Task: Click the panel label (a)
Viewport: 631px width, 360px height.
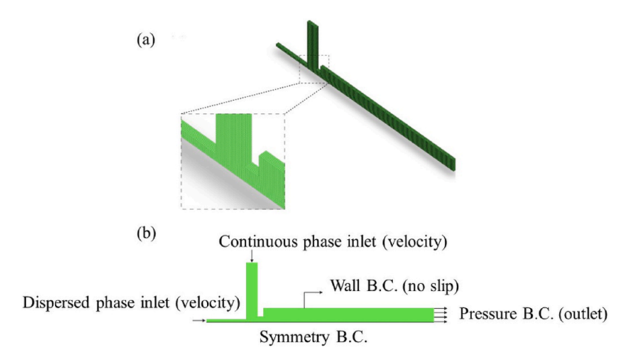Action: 145,40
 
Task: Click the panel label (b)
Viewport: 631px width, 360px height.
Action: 145,233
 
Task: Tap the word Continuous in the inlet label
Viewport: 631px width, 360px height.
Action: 251,242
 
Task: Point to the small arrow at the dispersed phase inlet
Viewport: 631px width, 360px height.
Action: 199,320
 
